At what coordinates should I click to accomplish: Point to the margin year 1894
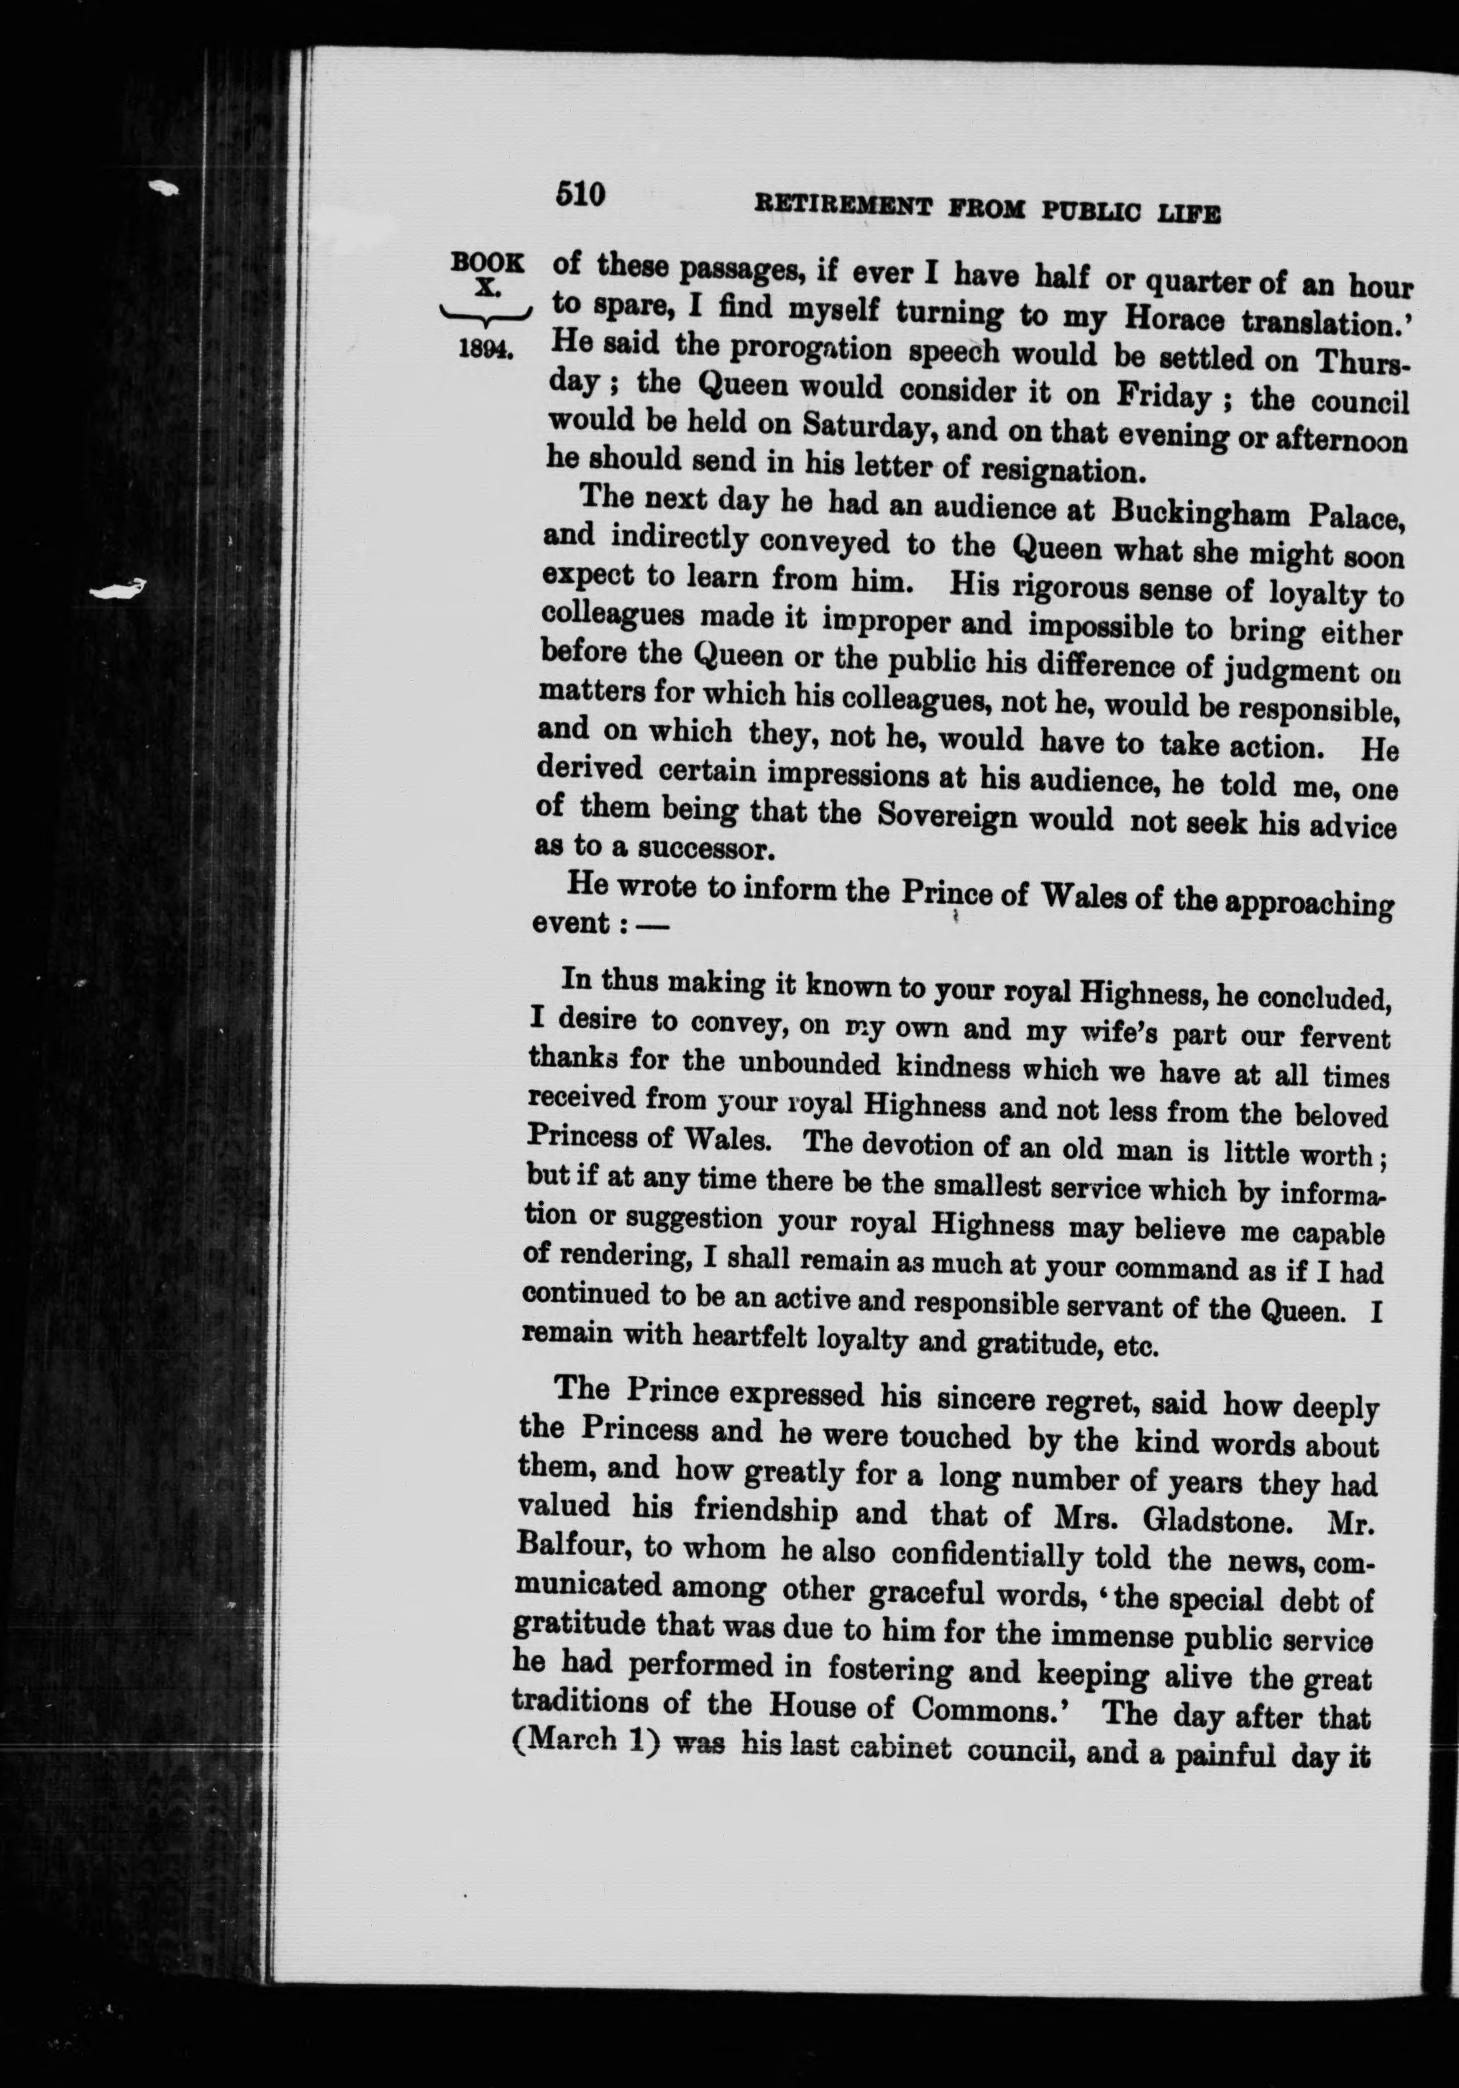coord(487,350)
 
